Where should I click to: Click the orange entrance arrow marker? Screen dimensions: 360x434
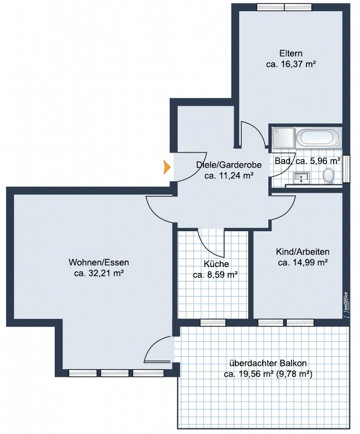tap(167, 167)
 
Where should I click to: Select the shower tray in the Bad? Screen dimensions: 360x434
tap(283, 137)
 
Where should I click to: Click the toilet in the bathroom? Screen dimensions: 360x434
tap(329, 175)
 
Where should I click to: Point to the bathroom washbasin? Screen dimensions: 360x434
tap(301, 178)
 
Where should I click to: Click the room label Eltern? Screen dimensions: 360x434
tap(291, 53)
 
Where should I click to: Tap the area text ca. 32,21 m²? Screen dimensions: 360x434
tap(99, 273)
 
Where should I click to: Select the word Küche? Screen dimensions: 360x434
tap(216, 264)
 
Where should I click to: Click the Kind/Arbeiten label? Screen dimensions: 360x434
tap(302, 252)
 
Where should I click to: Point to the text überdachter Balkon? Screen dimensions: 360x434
tap(268, 363)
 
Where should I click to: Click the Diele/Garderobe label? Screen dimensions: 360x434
tap(229, 165)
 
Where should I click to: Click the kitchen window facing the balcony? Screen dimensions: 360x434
tap(212, 322)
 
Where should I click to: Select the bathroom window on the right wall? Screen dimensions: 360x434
tap(347, 169)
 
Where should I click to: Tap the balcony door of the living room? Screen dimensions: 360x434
tap(158, 349)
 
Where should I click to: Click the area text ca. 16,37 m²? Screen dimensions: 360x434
tap(291, 64)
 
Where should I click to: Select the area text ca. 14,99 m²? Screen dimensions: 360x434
tap(303, 263)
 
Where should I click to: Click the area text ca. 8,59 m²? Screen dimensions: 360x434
tap(215, 275)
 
